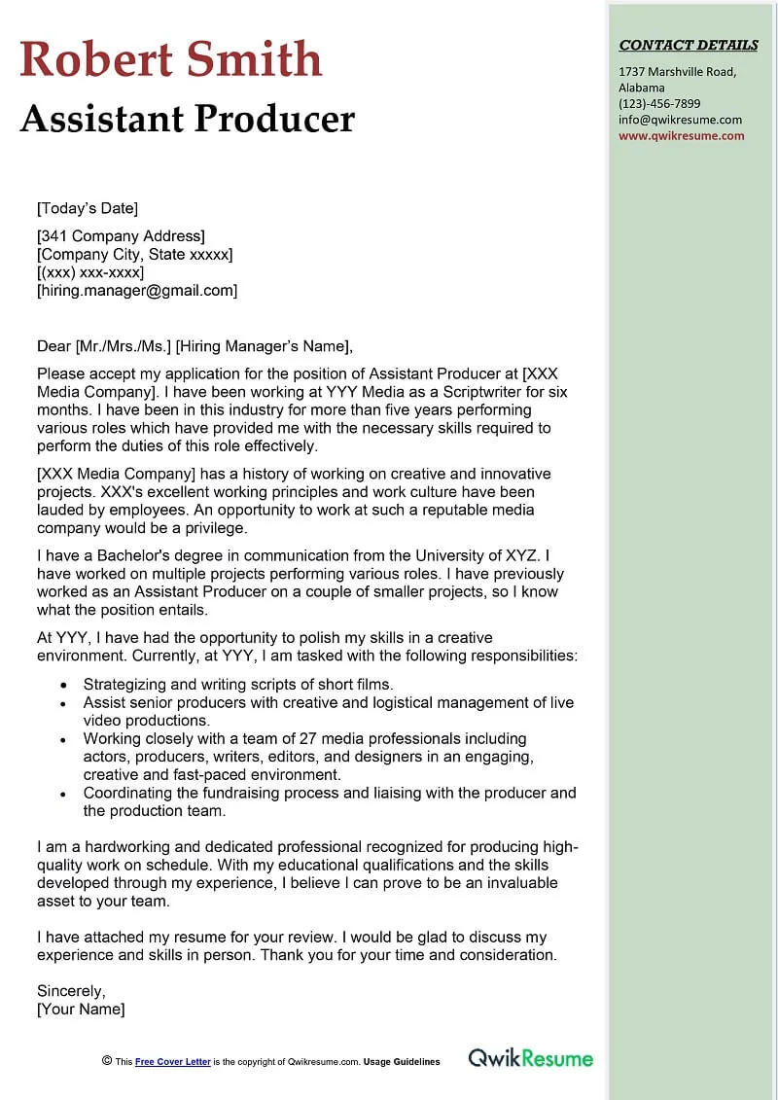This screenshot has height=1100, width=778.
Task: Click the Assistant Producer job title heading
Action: [x=188, y=119]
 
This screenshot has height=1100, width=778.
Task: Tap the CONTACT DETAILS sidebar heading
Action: [x=689, y=45]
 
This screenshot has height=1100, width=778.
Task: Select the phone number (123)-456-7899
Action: [x=659, y=103]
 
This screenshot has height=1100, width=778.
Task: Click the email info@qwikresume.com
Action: [x=680, y=120]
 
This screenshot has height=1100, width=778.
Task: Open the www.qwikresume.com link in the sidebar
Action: [x=681, y=135]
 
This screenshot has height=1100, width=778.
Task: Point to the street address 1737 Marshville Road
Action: [x=677, y=72]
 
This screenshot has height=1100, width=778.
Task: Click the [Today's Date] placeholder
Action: [x=88, y=208]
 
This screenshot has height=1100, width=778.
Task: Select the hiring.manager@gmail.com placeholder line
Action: [x=137, y=290]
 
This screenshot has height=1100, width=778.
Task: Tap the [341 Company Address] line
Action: [x=121, y=236]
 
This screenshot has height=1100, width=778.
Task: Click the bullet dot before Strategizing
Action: [x=63, y=685]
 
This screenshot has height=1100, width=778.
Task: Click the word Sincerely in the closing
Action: [x=71, y=991]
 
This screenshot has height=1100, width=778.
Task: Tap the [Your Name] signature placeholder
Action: [x=81, y=1009]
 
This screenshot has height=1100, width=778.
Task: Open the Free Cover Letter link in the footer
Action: [x=173, y=1062]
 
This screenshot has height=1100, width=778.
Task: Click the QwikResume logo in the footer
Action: [x=530, y=1058]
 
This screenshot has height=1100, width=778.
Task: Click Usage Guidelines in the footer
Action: [x=402, y=1062]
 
